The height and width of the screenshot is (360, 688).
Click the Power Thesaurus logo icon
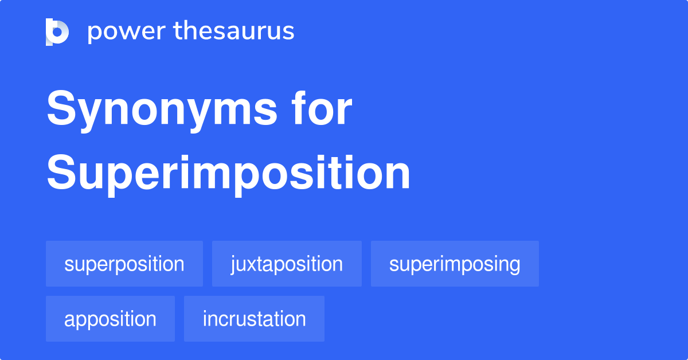(57, 32)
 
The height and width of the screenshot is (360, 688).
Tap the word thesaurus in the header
(234, 32)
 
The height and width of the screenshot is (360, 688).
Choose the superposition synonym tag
(124, 264)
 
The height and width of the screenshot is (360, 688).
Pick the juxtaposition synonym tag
(287, 264)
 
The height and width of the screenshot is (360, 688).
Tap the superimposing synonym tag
(455, 264)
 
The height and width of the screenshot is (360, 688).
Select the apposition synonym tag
(110, 319)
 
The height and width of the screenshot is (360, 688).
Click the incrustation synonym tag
(254, 319)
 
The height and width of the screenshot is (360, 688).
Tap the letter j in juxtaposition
(233, 265)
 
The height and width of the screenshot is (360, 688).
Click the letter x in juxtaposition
(251, 264)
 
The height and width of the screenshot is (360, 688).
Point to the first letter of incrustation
(205, 318)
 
